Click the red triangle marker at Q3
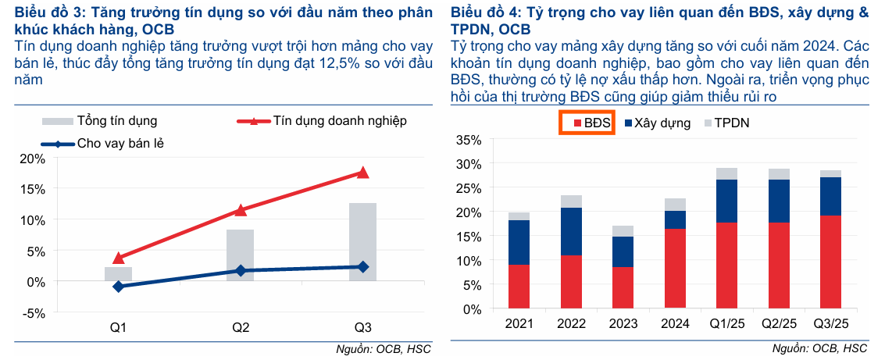363,173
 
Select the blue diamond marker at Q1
118,287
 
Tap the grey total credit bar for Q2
241,255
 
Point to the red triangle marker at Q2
241,210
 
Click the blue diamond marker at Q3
363,267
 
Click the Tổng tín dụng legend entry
99,121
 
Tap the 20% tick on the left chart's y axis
35,159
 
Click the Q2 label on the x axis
241,328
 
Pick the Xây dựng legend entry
658,123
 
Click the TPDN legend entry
727,123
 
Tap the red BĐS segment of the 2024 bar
676,269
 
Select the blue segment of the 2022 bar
573,231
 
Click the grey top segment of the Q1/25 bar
727,174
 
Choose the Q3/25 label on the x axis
830,324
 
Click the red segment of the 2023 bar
623,288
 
